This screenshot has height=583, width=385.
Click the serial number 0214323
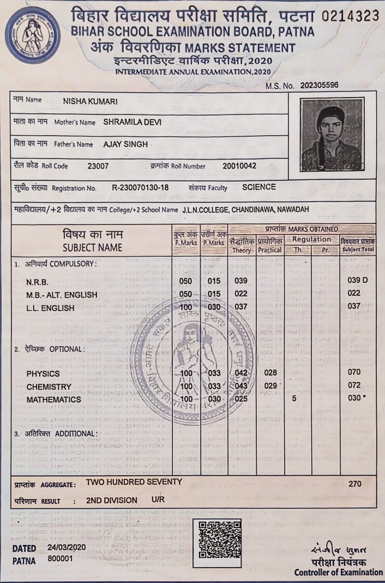(350, 16)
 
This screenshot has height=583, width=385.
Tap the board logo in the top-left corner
(33, 35)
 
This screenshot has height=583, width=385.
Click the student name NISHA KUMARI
(91, 101)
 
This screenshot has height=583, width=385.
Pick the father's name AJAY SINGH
(125, 144)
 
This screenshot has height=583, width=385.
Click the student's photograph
(332, 135)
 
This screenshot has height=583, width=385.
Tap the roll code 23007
(98, 166)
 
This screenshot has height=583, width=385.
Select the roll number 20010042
(239, 166)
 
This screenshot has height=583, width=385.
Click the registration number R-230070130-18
(140, 187)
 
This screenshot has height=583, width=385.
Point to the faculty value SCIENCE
(259, 187)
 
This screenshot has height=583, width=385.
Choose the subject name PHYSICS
(43, 374)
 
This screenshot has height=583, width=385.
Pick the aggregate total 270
(354, 483)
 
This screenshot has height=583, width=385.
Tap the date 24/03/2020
(67, 548)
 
